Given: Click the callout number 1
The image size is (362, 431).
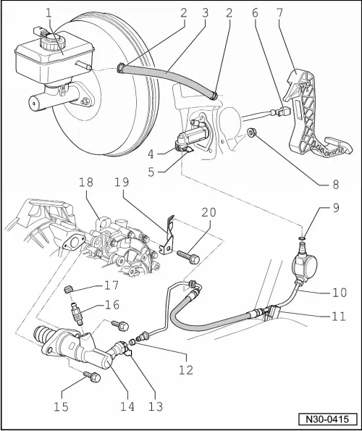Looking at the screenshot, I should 49,12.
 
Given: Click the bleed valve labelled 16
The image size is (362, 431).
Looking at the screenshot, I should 76,316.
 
